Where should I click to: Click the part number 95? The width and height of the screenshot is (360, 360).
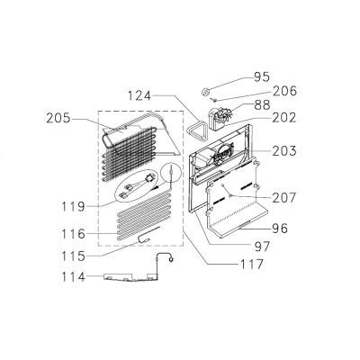click(x=262, y=76)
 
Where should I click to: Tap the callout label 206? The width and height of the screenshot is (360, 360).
click(x=284, y=91)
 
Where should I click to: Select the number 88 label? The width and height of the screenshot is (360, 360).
click(x=262, y=104)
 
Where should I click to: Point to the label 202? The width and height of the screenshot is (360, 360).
click(x=284, y=118)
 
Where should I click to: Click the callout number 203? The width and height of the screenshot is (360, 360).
click(x=284, y=151)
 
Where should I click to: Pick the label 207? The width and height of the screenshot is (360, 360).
click(x=284, y=197)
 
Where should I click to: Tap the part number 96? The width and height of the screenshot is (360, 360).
click(x=280, y=229)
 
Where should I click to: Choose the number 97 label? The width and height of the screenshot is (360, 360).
click(x=262, y=247)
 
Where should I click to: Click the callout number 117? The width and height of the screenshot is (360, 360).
click(x=251, y=265)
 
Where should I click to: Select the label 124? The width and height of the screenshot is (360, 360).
click(x=139, y=95)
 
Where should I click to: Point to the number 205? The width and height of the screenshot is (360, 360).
click(x=58, y=119)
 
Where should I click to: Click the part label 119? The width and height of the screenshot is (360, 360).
click(x=74, y=206)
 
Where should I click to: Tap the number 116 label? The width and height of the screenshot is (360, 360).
click(x=74, y=234)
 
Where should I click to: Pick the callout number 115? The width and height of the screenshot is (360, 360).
click(x=74, y=256)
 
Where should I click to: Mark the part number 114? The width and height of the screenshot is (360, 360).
click(x=74, y=276)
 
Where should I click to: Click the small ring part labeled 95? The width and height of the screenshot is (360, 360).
click(x=205, y=91)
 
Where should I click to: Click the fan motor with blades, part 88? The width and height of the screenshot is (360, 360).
click(x=222, y=119)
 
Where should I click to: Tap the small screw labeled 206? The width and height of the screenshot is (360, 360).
click(x=214, y=99)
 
